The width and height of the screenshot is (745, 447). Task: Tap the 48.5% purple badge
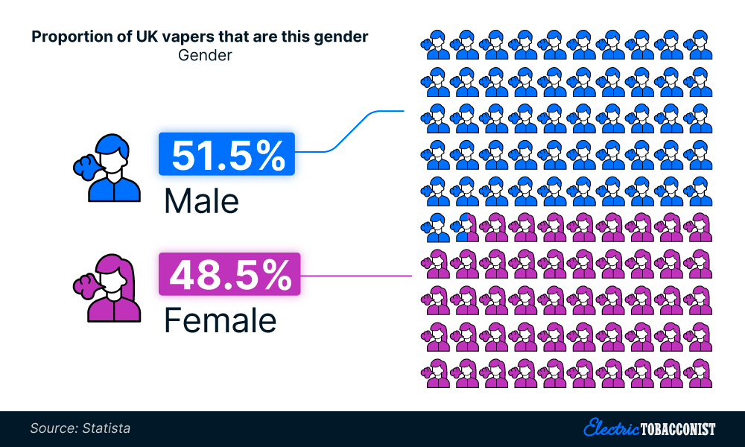point(229,275)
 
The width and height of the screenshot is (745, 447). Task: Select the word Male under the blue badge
point(201,200)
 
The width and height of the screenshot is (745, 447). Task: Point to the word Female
point(220,320)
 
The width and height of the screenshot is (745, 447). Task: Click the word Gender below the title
point(205,56)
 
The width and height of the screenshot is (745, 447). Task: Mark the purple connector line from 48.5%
point(358,276)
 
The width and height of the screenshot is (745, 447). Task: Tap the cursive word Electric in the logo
point(611,428)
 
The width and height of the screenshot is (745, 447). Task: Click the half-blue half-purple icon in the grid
point(468,227)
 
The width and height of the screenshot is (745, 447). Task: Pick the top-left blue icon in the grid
point(438,44)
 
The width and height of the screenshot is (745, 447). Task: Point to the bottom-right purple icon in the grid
point(701,373)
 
